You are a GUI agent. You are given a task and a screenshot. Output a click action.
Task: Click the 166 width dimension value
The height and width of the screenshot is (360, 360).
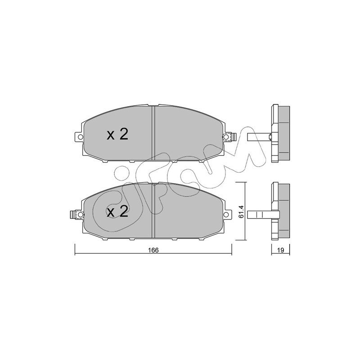[x=153, y=250]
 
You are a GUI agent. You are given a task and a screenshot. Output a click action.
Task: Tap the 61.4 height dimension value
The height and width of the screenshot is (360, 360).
[x=241, y=213]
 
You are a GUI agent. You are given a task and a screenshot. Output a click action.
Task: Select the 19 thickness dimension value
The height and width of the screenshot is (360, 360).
[x=280, y=250]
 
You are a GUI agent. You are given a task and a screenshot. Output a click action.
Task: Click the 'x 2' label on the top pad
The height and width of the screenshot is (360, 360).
[x=117, y=135]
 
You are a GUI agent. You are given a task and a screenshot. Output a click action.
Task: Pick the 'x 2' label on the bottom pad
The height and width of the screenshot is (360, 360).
[x=117, y=211]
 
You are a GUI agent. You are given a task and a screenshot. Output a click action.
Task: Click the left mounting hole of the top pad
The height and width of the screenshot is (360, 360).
[x=80, y=137]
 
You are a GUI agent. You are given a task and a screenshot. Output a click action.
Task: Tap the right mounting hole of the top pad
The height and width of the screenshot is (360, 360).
[x=226, y=137]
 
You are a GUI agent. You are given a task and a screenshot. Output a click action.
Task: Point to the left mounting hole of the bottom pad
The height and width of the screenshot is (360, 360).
[x=80, y=215]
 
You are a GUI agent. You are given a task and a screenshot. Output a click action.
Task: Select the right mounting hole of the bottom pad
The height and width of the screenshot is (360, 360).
[x=226, y=215]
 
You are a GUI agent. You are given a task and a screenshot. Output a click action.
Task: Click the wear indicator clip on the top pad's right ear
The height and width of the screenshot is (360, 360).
[x=233, y=137]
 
